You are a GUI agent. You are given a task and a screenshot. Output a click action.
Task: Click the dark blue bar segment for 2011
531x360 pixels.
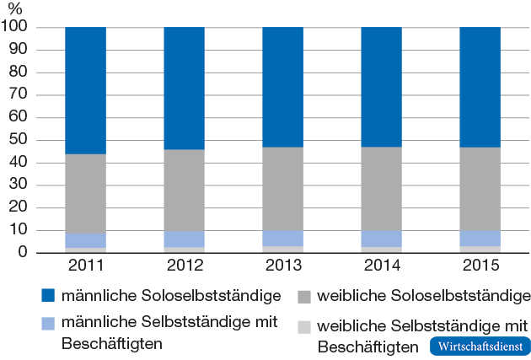(x=85, y=90)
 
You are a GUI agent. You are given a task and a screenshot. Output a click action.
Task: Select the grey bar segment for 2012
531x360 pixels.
(x=184, y=190)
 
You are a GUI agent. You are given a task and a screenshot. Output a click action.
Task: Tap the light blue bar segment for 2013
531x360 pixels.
(x=282, y=238)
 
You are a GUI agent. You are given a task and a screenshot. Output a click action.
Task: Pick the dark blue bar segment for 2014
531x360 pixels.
(x=381, y=87)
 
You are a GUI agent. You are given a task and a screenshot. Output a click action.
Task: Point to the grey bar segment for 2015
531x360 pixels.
(x=480, y=189)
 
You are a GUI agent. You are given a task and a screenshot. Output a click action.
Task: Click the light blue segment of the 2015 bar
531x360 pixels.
(x=480, y=238)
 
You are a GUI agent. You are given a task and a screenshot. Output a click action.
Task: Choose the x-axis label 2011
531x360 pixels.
(x=85, y=266)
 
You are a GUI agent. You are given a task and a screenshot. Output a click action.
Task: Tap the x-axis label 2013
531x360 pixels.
(x=282, y=266)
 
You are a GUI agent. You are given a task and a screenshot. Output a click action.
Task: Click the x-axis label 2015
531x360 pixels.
(x=480, y=266)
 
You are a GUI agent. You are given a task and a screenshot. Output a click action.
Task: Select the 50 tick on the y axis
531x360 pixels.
(x=20, y=140)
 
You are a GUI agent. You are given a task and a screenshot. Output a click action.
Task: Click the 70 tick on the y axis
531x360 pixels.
(x=20, y=94)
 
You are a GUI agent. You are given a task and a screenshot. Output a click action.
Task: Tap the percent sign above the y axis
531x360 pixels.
(x=14, y=9)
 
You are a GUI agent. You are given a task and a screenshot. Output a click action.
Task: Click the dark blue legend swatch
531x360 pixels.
(x=47, y=296)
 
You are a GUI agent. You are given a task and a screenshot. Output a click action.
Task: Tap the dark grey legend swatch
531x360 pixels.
(x=304, y=296)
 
